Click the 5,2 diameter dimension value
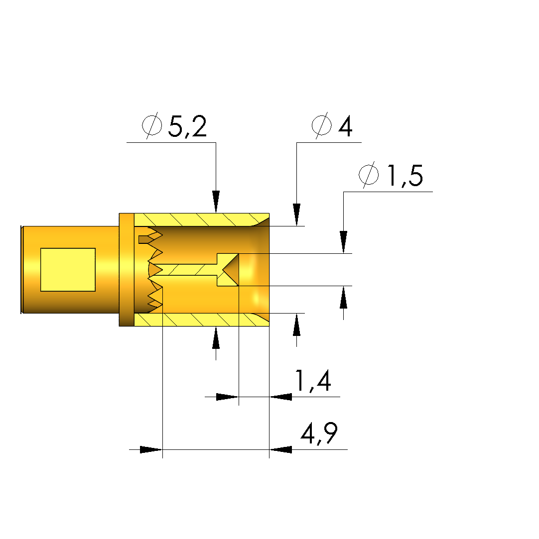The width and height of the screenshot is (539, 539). tap(187, 126)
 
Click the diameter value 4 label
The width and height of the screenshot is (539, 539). tap(345, 126)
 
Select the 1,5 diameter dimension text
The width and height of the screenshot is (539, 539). tap(405, 176)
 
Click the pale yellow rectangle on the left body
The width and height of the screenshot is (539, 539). tap(68, 270)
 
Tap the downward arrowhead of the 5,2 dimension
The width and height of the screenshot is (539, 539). tap(216, 202)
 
